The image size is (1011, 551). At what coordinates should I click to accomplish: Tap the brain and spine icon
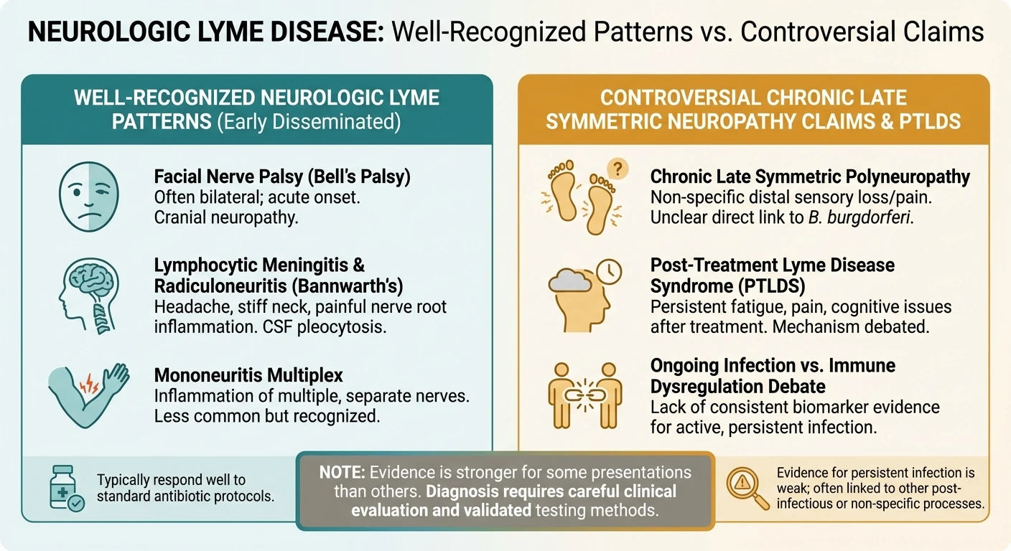tap(93, 288)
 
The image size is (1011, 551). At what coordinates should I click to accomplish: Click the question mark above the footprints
tap(616, 169)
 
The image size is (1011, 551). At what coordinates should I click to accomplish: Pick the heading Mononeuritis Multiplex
tap(249, 375)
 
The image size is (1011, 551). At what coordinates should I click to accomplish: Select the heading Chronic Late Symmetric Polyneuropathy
tap(810, 176)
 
